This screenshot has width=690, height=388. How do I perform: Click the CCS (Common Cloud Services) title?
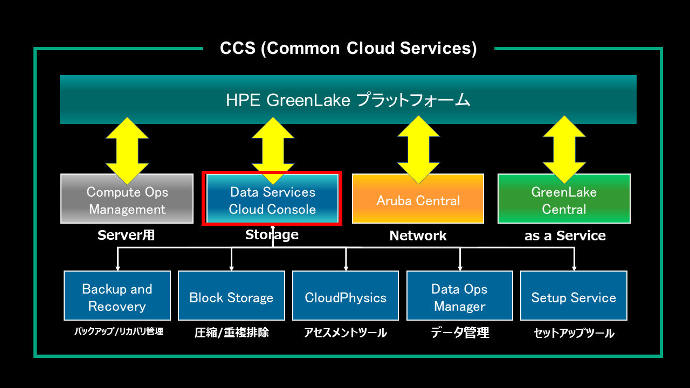tap(348, 48)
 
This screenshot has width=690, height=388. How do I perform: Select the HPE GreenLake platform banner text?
tap(348, 100)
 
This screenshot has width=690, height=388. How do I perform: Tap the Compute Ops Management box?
tap(127, 199)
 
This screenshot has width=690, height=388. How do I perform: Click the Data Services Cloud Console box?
tap(272, 199)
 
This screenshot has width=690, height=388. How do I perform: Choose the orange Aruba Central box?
tap(418, 199)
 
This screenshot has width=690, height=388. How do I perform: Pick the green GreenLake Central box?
tap(564, 199)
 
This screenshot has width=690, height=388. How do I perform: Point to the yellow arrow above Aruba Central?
tap(418, 150)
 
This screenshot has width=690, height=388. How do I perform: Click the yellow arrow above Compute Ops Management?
tap(127, 151)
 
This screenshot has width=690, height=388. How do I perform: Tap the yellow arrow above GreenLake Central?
tap(564, 150)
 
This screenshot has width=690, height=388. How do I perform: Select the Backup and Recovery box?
tap(117, 296)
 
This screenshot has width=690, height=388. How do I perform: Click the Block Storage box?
tap(231, 296)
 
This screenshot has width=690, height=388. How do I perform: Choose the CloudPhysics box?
tap(346, 296)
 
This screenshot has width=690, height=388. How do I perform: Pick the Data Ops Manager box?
tap(460, 296)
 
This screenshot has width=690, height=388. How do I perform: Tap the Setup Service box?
tap(574, 296)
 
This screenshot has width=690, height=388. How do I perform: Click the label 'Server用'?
tap(126, 235)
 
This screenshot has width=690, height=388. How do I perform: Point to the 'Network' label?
tap(418, 236)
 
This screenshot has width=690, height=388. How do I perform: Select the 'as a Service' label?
tap(565, 236)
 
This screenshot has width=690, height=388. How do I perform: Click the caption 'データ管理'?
tap(460, 332)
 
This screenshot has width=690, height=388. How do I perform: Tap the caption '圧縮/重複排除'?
tap(232, 332)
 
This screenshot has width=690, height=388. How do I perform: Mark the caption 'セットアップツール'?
tap(574, 333)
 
